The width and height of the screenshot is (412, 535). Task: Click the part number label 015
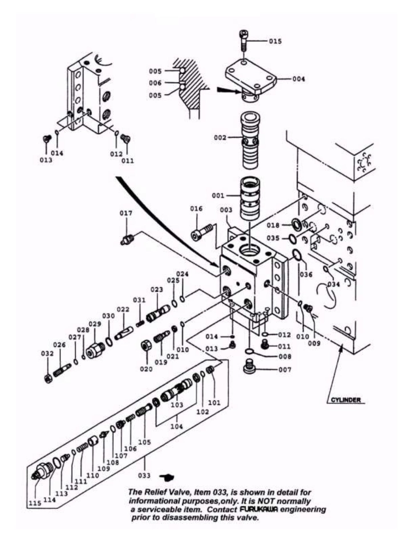(275, 41)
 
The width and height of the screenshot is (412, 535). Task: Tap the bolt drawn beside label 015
(243, 40)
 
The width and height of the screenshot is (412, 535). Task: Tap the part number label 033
(144, 475)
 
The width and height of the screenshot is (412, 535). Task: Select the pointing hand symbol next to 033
(168, 477)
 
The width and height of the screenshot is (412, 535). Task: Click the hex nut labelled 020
(146, 347)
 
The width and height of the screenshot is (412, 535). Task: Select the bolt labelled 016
(201, 231)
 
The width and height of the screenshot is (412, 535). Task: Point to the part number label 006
(155, 83)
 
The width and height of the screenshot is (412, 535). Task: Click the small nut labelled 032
(48, 379)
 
